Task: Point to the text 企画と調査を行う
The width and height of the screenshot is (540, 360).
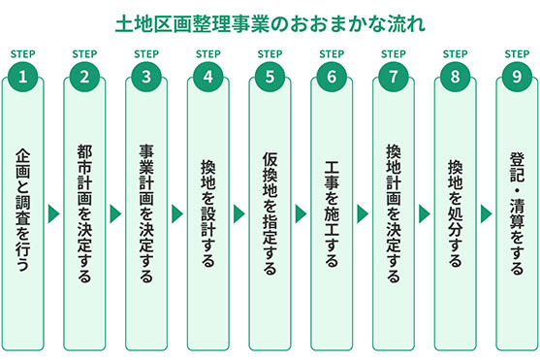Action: (22, 207)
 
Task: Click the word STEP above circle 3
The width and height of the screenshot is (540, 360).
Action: (146, 54)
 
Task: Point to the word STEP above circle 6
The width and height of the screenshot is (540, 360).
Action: (332, 54)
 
